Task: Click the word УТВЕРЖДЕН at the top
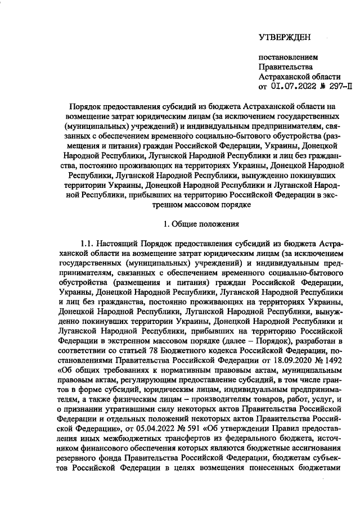[x=284, y=37]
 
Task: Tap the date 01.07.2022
[x=290, y=86]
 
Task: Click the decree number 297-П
[x=340, y=86]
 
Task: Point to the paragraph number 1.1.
[x=88, y=244]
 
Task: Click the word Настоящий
[x=119, y=244]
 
